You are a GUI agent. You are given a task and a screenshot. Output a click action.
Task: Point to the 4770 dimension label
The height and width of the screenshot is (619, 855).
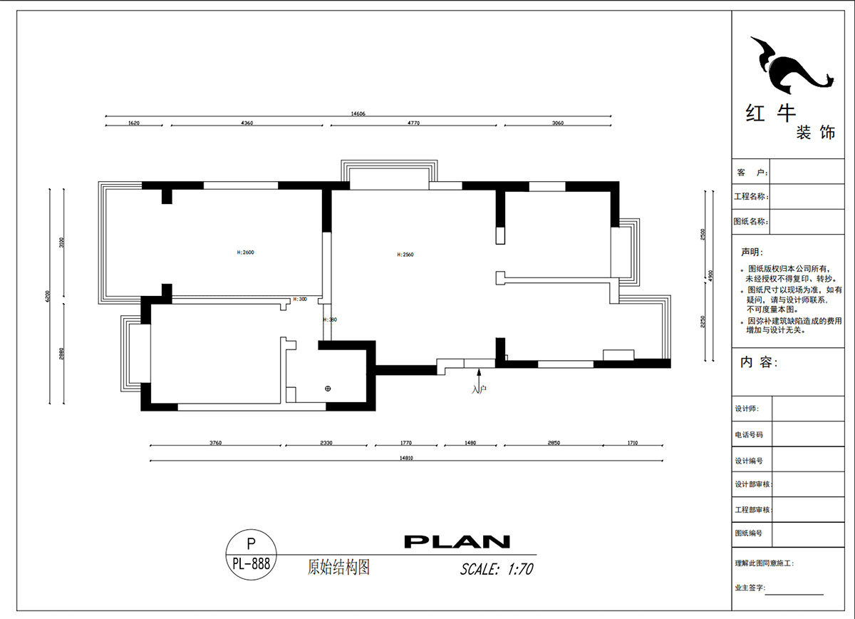coord(413,123)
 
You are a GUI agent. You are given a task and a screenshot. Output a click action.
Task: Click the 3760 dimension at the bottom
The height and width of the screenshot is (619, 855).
coord(215,443)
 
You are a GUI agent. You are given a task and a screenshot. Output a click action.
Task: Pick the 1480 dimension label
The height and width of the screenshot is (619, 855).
coord(470,443)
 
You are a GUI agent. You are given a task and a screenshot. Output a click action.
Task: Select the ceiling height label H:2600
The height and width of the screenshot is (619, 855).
coord(245,252)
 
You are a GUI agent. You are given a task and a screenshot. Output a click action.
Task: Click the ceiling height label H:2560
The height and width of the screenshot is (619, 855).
coord(404,255)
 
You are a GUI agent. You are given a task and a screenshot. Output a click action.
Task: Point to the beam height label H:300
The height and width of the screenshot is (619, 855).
coord(300,300)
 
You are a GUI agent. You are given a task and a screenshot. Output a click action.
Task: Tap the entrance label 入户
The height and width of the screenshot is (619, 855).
coord(479,389)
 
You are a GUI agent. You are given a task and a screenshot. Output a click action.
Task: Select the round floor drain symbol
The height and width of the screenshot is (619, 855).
coord(328,389)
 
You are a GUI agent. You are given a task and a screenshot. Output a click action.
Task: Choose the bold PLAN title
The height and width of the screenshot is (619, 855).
coord(457,542)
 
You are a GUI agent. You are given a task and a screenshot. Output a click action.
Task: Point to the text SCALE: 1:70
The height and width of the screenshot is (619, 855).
coord(496,569)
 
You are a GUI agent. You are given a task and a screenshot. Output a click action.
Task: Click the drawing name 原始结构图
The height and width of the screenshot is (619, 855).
coord(338,568)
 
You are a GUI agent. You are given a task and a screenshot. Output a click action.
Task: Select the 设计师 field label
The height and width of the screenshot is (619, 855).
coord(747,409)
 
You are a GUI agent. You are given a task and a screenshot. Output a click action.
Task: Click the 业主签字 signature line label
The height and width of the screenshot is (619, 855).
coord(750,588)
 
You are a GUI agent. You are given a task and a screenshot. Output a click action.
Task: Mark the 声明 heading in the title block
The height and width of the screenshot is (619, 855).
coord(751,252)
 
